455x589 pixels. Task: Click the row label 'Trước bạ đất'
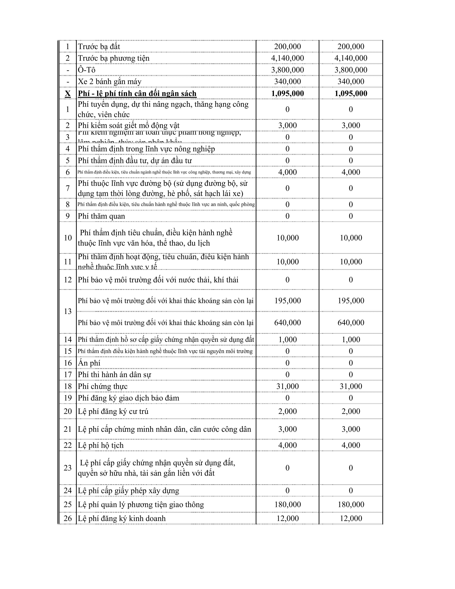99,47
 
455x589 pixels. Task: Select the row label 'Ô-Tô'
87,70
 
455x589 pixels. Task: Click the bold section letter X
68,94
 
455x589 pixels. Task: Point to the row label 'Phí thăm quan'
101,216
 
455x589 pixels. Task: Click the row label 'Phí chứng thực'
102,386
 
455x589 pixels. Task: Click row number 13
68,311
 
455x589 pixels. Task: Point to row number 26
68,518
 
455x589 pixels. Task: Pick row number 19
68,398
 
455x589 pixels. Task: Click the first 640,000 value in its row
287,323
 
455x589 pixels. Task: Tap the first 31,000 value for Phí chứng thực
287,386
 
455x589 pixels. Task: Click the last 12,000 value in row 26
351,518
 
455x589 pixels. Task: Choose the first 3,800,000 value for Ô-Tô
287,70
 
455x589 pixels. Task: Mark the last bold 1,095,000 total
351,94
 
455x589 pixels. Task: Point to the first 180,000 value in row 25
287,504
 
